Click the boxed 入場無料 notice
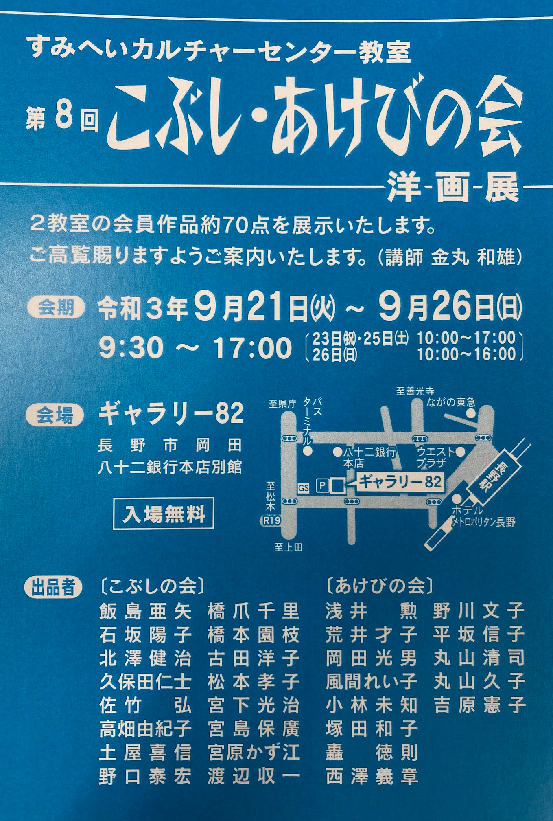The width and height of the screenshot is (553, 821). pyautogui.click(x=164, y=514)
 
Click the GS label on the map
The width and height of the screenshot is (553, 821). pyautogui.click(x=304, y=487)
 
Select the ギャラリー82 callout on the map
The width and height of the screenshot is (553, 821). pyautogui.click(x=399, y=483)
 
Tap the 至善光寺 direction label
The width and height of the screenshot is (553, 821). pyautogui.click(x=415, y=391)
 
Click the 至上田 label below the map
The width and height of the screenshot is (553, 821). pyautogui.click(x=288, y=547)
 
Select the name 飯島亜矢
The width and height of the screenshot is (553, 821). pyautogui.click(x=145, y=612)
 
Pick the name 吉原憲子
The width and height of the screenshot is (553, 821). pyautogui.click(x=479, y=706)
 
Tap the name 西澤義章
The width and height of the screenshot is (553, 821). pyautogui.click(x=372, y=777)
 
